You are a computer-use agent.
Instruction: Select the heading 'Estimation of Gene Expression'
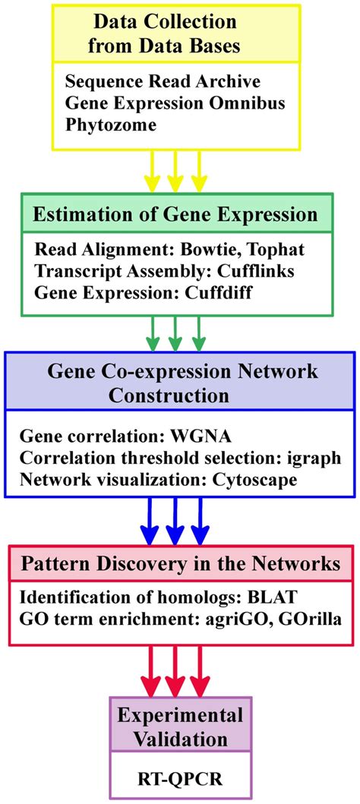coord(175,215)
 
